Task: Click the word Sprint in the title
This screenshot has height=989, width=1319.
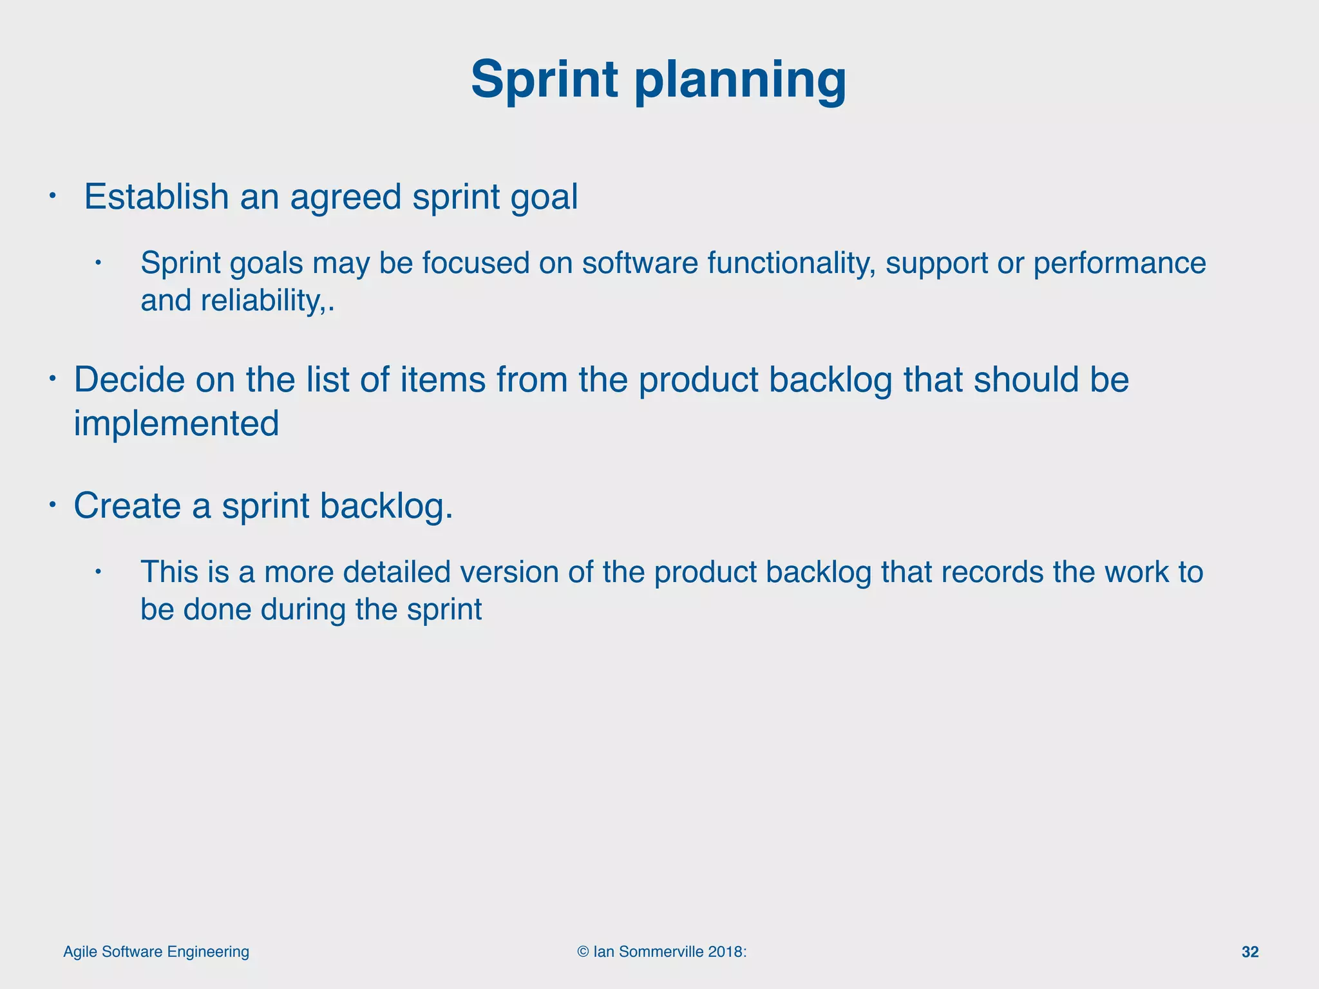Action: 545,80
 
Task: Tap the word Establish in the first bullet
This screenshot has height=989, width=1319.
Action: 157,196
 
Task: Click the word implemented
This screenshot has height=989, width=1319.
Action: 176,424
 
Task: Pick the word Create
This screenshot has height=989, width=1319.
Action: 128,505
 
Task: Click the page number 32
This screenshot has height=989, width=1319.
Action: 1249,952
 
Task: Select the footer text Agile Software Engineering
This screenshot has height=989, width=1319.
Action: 156,952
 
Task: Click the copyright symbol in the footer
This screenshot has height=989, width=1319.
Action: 584,952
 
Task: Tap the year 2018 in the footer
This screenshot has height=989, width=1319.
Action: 725,952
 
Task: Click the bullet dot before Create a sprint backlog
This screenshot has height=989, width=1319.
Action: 53,504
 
